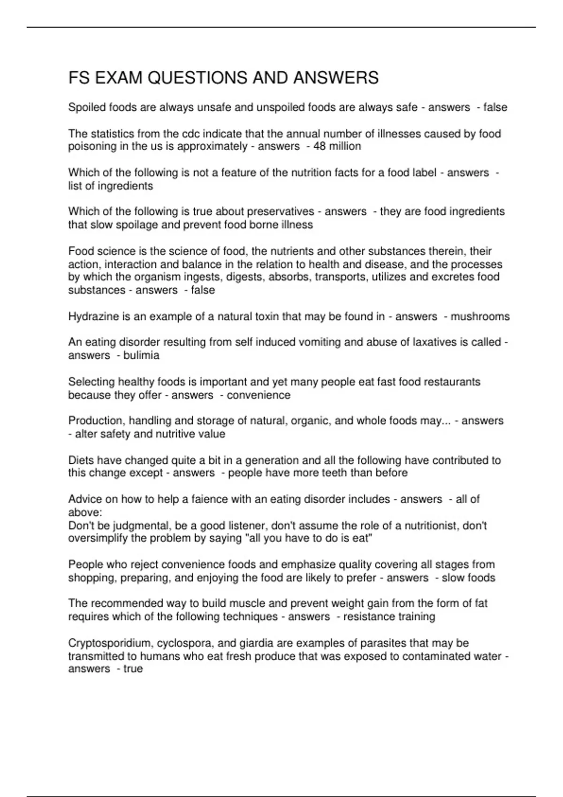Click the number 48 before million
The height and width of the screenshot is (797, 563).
tap(320, 146)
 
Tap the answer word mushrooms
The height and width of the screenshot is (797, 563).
tap(480, 316)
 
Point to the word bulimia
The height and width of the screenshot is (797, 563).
tap(141, 355)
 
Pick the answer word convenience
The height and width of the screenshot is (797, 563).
tap(259, 395)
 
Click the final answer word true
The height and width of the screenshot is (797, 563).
tap(133, 669)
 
